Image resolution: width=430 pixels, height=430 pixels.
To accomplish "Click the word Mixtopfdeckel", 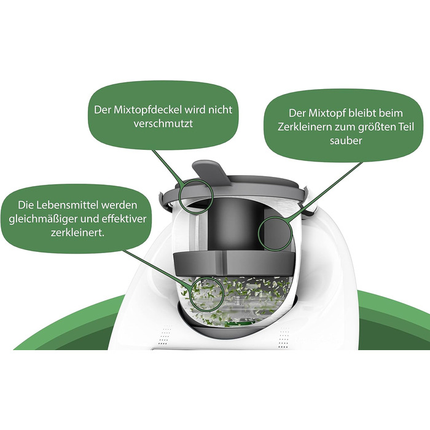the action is pos(148,110).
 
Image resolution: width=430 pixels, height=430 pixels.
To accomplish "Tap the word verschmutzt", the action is pos(163,123).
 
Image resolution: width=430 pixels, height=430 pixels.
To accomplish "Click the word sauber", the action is pos(345,141).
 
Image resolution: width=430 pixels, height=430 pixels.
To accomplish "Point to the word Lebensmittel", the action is pos(69,205).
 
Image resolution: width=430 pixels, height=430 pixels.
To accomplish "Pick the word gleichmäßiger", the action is pos(44,219).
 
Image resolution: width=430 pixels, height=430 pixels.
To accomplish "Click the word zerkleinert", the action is pos(77,233).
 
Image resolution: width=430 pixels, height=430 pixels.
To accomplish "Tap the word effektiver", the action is pos(124,219).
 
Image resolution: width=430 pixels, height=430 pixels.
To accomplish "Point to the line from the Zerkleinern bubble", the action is pos(326,190).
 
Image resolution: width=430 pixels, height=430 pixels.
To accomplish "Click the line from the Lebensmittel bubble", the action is pos(157,269).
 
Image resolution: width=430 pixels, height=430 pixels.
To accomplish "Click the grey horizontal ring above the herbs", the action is pos(234,264).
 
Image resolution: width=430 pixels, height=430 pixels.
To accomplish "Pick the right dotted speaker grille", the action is pos(283,338).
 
